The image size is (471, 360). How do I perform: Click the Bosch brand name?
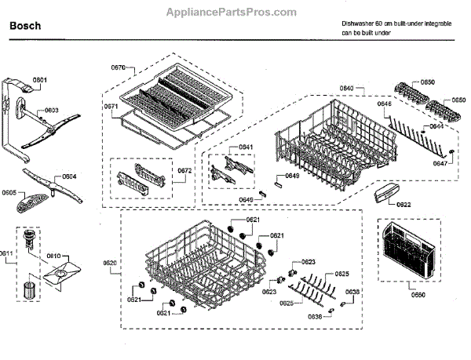pos(25,26)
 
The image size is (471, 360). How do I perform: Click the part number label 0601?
pos(39,80)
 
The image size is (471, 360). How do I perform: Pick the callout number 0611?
pos(7,254)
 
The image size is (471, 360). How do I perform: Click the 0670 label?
pos(119,68)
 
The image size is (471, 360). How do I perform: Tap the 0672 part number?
pos(184,170)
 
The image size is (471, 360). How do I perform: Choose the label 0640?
pos(346,89)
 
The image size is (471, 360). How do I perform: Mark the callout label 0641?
pos(246,147)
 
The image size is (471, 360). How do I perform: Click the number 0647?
pos(442,164)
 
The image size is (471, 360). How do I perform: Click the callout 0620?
pos(110,262)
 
